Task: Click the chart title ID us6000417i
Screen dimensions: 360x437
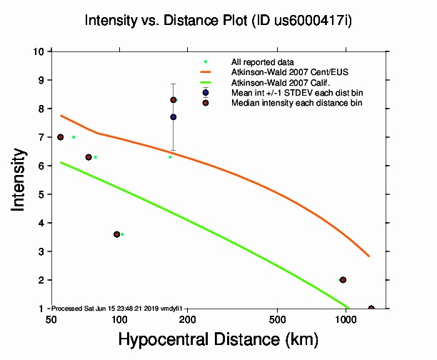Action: tap(218, 20)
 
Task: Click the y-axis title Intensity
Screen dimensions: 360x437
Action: tap(20, 179)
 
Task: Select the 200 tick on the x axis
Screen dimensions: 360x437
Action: tap(187, 319)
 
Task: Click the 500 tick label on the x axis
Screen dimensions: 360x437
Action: tap(278, 319)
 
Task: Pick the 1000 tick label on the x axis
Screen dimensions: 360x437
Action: tap(346, 319)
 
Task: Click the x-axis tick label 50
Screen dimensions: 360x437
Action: tap(51, 319)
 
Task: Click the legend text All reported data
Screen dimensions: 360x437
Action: tap(262, 62)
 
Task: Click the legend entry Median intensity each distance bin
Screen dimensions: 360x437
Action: tap(296, 103)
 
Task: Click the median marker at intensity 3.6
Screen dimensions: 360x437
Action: tap(116, 234)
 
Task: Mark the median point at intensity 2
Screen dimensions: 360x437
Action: tap(343, 280)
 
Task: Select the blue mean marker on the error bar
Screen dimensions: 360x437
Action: tap(174, 117)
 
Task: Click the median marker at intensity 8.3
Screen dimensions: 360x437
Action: tap(174, 100)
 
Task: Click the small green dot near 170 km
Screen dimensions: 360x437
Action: tap(169, 157)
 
